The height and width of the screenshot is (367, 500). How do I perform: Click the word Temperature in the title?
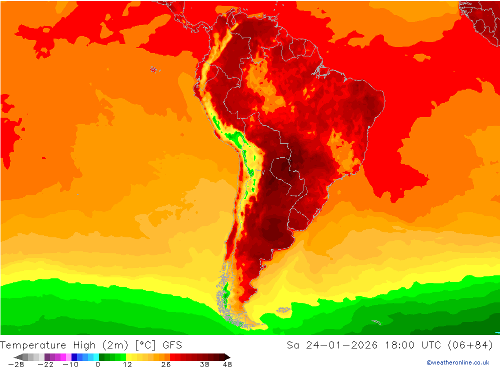point(33,345)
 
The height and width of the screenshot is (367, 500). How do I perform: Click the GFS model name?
point(172,345)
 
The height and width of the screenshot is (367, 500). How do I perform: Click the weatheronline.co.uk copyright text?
point(457,362)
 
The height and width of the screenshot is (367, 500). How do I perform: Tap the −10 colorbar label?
point(70,364)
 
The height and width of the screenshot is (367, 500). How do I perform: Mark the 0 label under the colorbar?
point(97,364)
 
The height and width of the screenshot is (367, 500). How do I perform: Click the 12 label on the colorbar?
point(127,364)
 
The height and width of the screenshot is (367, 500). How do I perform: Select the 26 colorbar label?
point(166,364)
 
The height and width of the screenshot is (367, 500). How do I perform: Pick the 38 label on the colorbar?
point(204,364)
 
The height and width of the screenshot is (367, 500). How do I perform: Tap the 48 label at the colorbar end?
point(227,364)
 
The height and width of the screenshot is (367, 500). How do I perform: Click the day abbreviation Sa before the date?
point(293,345)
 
